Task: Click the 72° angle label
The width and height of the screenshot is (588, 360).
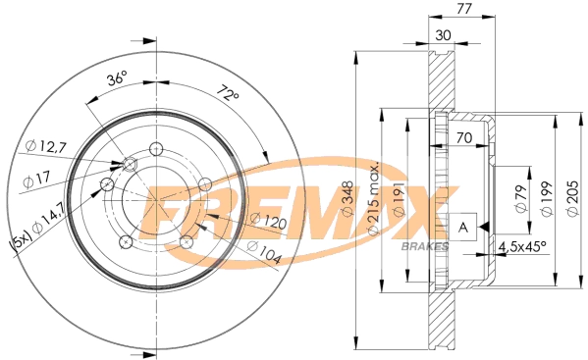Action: (x=228, y=95)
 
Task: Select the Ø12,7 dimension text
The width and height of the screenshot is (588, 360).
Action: (x=45, y=146)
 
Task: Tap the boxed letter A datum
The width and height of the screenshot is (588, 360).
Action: (x=461, y=226)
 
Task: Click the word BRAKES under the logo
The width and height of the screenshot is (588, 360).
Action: (x=426, y=244)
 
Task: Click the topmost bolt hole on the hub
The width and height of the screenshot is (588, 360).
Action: (x=155, y=148)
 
